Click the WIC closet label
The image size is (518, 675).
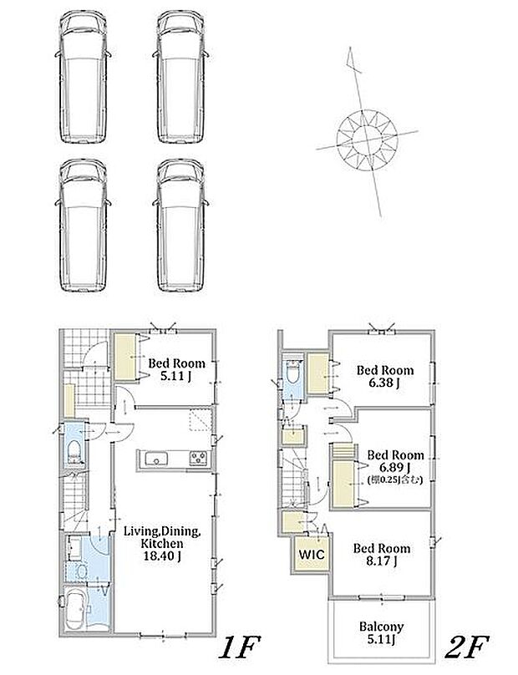click(x=312, y=554)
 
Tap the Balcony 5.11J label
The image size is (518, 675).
click(x=382, y=633)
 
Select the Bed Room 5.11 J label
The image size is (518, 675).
click(x=176, y=369)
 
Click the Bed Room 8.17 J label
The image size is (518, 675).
click(x=382, y=555)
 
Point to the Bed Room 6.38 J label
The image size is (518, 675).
click(x=385, y=376)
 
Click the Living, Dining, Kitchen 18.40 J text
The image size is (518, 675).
click(x=161, y=544)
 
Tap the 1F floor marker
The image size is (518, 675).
click(x=240, y=647)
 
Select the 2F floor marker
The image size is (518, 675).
click(x=466, y=647)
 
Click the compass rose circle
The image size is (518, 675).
click(x=367, y=139)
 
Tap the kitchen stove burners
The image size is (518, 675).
click(x=199, y=458)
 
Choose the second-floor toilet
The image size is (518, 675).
click(x=293, y=373)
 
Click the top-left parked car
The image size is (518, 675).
click(x=83, y=78)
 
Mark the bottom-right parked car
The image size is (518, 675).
click(x=180, y=226)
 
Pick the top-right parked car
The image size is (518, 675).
click(x=180, y=78)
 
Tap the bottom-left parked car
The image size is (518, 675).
click(x=83, y=226)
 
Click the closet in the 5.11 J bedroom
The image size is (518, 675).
click(x=125, y=357)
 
